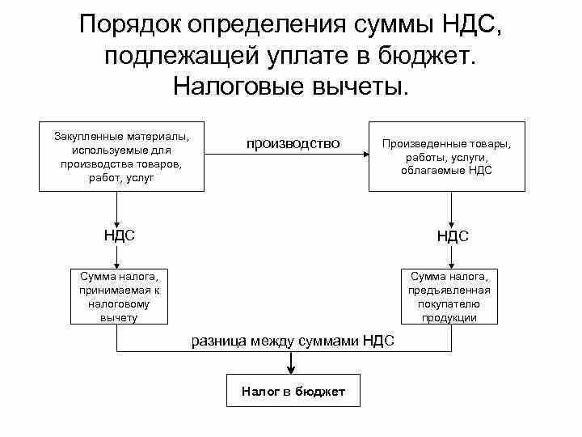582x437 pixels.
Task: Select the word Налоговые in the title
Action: [243, 86]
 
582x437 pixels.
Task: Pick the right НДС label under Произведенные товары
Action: [453, 236]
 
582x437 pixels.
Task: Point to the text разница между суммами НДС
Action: [293, 341]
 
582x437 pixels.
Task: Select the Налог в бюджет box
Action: [293, 392]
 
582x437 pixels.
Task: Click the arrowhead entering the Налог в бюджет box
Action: [293, 373]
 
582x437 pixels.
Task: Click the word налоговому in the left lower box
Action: [120, 303]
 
